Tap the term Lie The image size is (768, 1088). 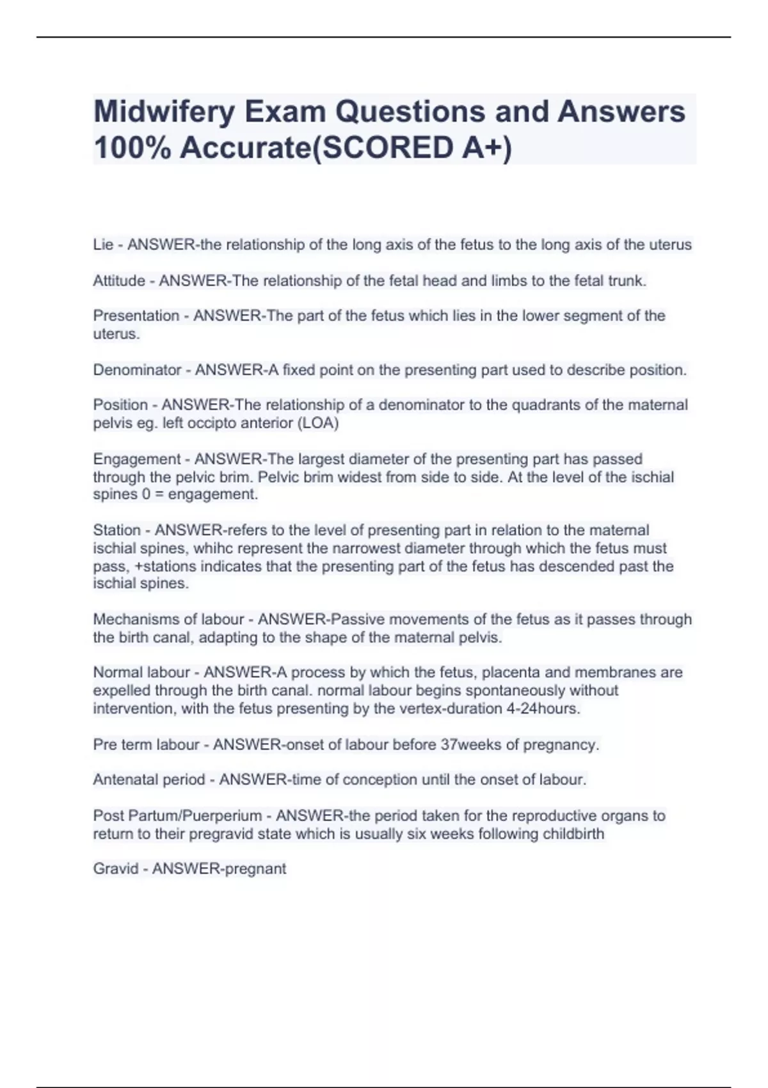pos(103,244)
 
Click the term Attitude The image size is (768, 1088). pos(119,280)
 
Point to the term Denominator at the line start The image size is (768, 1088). pos(137,370)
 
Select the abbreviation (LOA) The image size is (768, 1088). pos(315,423)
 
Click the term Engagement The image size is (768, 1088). pos(138,459)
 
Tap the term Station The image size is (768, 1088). pos(116,530)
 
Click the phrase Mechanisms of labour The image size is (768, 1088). pos(168,620)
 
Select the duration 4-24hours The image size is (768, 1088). pos(542,708)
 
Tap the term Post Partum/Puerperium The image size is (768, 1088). pos(177,816)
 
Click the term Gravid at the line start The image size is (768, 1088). pos(116,869)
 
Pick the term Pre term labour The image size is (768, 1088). pos(147,745)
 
